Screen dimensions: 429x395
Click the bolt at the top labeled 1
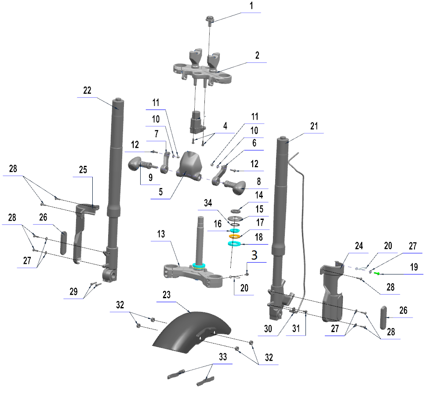click(210, 21)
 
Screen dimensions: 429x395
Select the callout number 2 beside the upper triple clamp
click(257, 55)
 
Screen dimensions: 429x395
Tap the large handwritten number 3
click(254, 255)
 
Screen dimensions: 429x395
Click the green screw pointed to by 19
click(377, 273)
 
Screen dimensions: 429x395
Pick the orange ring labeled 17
click(234, 236)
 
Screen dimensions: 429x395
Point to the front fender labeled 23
click(192, 331)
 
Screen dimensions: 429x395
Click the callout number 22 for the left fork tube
click(87, 90)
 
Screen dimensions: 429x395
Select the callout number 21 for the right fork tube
click(314, 126)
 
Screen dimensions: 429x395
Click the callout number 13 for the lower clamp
click(161, 234)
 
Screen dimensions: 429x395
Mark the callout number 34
click(208, 203)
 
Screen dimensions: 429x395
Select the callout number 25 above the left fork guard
click(83, 170)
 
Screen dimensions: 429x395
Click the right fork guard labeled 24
click(331, 291)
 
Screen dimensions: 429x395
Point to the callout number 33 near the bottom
click(223, 357)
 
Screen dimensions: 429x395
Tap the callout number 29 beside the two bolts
click(73, 292)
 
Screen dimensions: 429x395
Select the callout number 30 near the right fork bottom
click(268, 329)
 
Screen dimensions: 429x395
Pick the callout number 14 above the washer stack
click(259, 195)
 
